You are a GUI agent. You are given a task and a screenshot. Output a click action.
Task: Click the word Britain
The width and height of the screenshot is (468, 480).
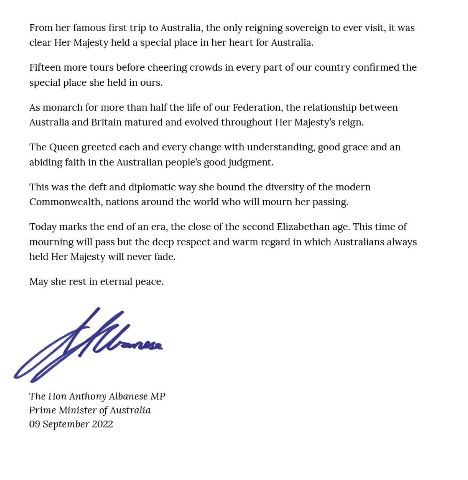(106, 122)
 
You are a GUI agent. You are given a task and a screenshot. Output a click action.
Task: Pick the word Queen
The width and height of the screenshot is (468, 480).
(64, 147)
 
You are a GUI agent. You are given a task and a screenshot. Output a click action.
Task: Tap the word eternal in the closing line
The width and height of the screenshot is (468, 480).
(116, 282)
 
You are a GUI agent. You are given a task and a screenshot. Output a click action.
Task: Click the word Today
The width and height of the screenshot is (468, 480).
(43, 227)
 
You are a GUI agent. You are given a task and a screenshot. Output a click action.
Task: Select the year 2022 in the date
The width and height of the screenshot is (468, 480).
(103, 424)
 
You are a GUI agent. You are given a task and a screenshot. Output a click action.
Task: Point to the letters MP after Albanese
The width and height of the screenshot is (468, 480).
(158, 396)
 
